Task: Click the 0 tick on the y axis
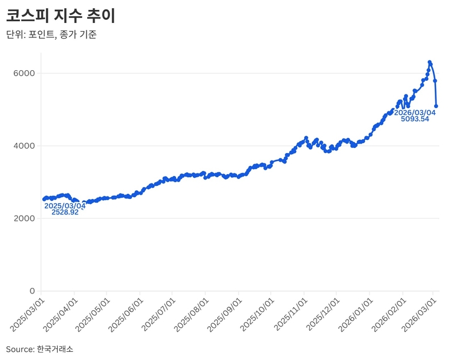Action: click(x=32, y=291)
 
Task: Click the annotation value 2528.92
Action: click(x=65, y=213)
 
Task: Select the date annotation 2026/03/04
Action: click(x=415, y=113)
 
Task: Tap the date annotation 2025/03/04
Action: click(x=65, y=205)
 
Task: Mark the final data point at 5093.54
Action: click(x=436, y=106)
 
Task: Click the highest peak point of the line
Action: click(x=430, y=62)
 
